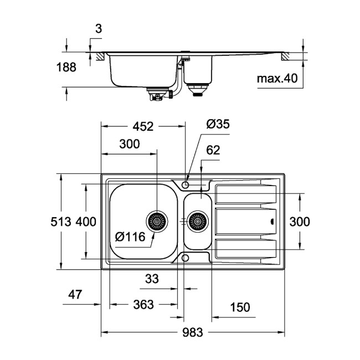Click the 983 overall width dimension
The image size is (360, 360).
tap(192, 332)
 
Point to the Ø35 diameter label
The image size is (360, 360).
tap(218, 125)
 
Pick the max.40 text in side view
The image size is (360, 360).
tap(277, 79)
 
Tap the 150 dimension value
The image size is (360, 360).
tap(239, 307)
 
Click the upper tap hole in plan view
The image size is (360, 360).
tap(186, 183)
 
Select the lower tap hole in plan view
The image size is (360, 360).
tap(186, 258)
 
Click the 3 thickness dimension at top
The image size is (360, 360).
tap(98, 29)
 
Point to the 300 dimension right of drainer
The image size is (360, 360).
tap(299, 222)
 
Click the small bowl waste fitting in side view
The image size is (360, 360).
tap(197, 89)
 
